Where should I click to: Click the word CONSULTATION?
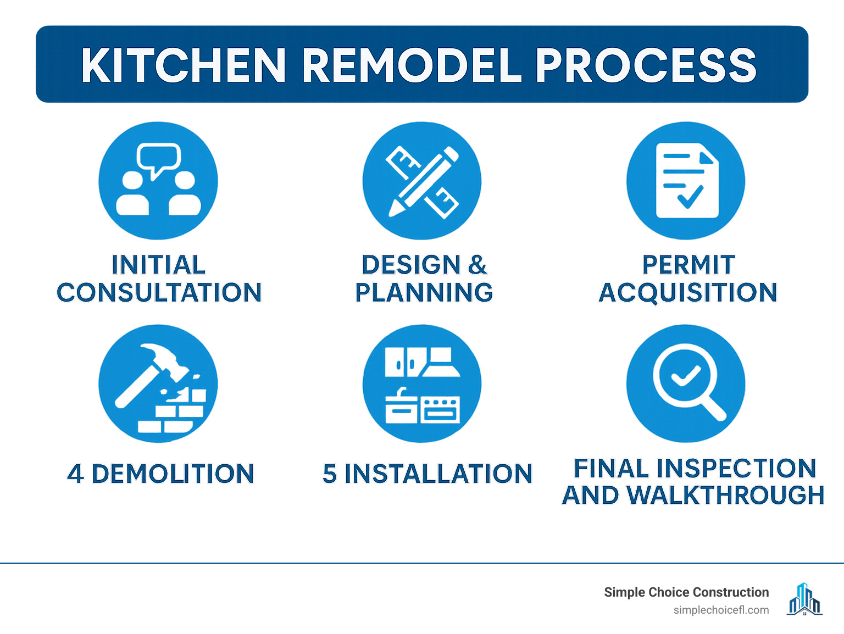click(x=159, y=292)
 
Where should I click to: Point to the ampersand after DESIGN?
click(x=477, y=265)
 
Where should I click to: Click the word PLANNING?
click(x=424, y=292)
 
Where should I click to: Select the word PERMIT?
click(x=688, y=265)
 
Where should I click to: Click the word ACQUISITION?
click(x=688, y=292)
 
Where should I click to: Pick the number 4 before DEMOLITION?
click(x=75, y=474)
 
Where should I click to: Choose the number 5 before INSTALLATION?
click(x=330, y=474)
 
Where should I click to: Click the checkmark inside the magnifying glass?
click(x=685, y=376)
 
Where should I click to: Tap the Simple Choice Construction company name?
click(x=686, y=592)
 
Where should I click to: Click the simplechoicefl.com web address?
click(x=721, y=610)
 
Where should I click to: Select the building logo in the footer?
click(x=804, y=599)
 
